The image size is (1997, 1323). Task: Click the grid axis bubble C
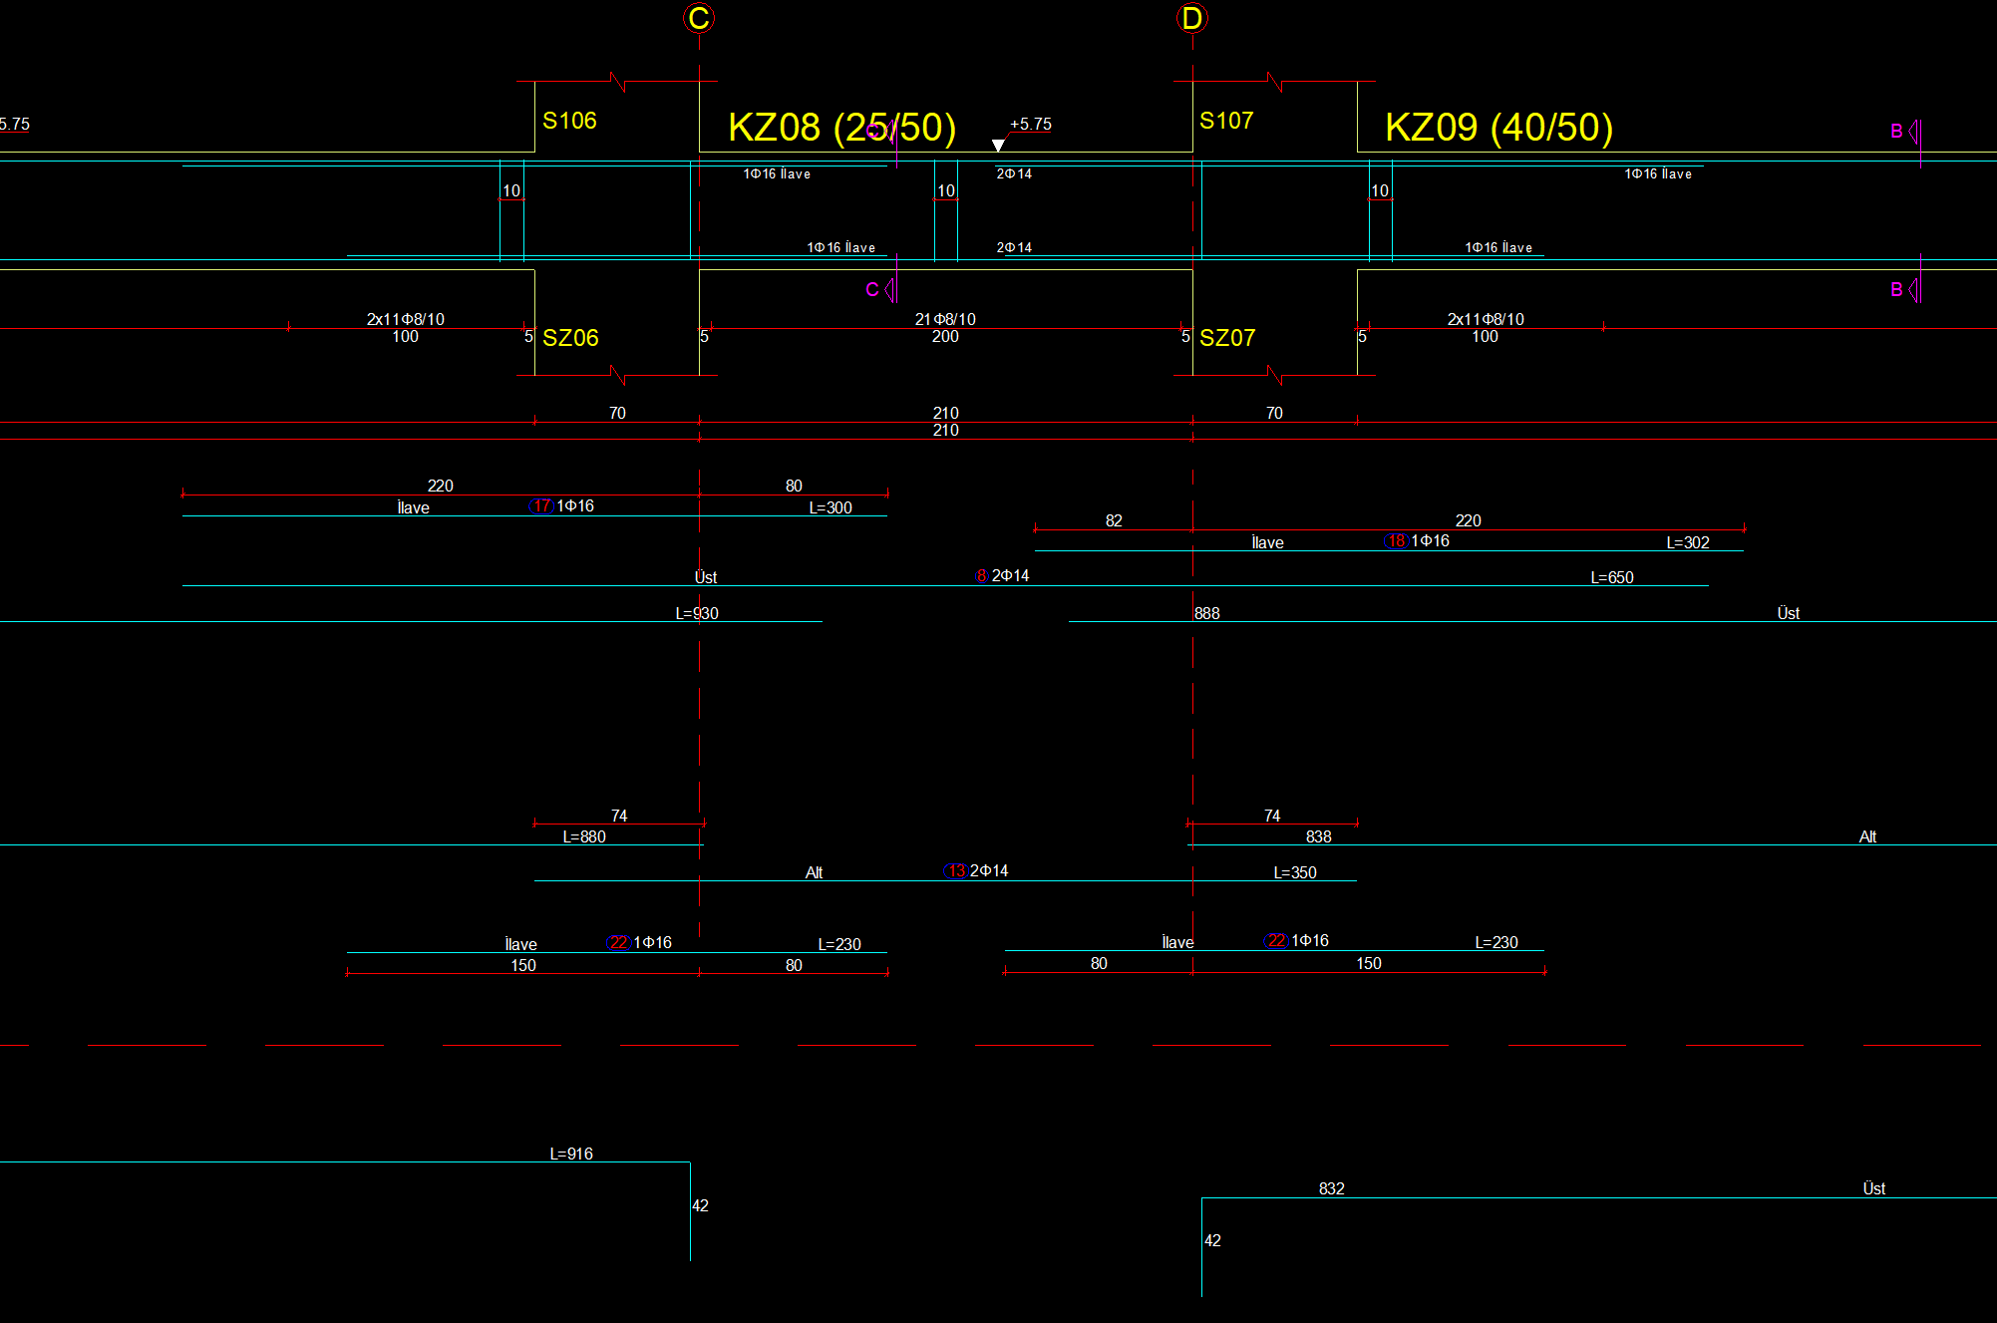(x=699, y=18)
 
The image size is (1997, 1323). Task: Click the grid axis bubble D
(x=1191, y=18)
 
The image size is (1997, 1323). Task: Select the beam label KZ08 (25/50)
(x=841, y=128)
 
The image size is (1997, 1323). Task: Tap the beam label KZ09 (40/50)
(x=1498, y=128)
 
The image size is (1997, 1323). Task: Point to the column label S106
(x=569, y=121)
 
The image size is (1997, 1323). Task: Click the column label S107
(x=1226, y=121)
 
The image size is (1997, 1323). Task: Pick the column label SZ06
(x=570, y=338)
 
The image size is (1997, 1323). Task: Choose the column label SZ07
(x=1227, y=338)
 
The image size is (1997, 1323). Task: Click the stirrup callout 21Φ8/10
(x=945, y=319)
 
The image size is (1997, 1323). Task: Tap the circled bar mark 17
(x=541, y=506)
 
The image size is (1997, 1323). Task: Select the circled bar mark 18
(x=1396, y=541)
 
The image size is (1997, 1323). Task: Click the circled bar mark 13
(x=956, y=871)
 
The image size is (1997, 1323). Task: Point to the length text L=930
(x=697, y=614)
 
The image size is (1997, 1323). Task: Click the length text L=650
(x=1611, y=578)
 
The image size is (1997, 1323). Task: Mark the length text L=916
(x=571, y=1155)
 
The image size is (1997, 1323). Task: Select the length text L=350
(x=1294, y=873)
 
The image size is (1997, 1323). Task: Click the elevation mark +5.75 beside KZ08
(x=1030, y=125)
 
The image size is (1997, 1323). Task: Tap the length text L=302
(x=1687, y=543)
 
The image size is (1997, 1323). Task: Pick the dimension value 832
(x=1331, y=1189)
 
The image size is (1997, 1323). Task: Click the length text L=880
(x=584, y=837)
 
